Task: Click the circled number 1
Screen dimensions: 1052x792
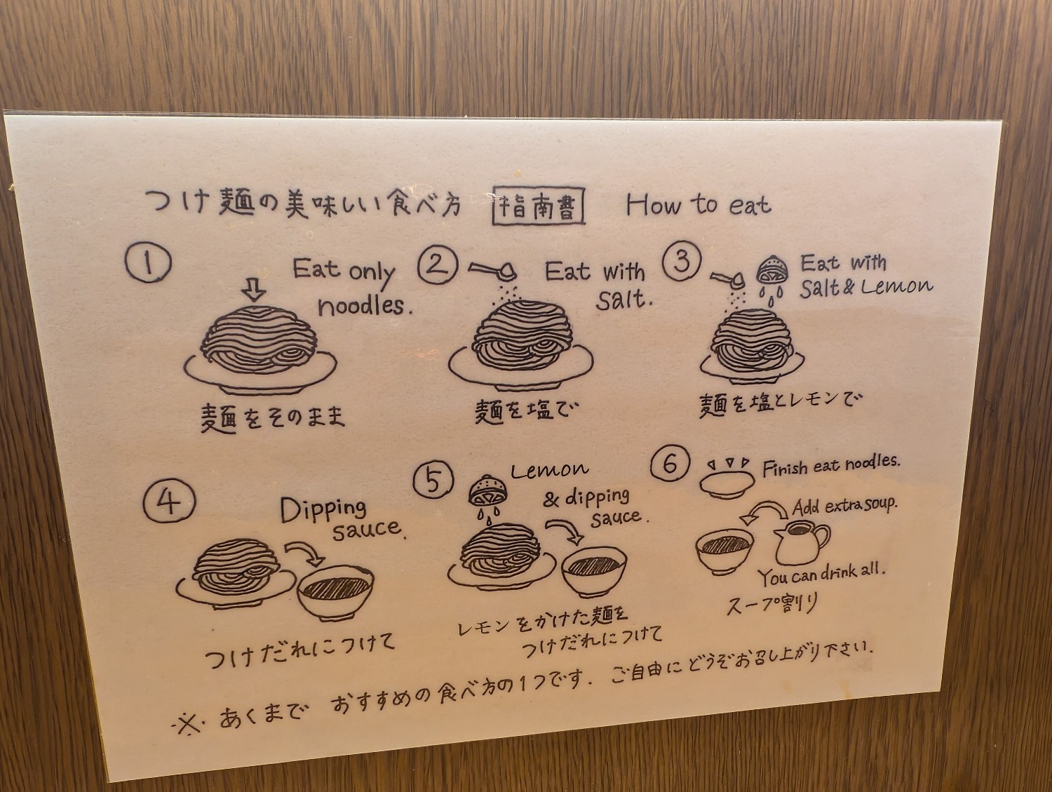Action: (148, 263)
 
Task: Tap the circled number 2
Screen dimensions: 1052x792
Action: (437, 265)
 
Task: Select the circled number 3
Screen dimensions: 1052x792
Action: (682, 261)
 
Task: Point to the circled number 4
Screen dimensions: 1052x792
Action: (169, 501)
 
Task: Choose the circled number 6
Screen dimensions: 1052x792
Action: (670, 464)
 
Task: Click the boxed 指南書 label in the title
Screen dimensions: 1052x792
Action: (539, 206)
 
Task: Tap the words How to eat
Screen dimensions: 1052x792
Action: (699, 206)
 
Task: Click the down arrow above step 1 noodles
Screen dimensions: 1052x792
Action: (254, 290)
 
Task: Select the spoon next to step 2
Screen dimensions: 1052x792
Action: (494, 271)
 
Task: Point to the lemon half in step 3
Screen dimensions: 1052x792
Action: (771, 269)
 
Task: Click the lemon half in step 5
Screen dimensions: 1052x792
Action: (486, 490)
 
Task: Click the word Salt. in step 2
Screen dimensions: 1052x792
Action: (623, 300)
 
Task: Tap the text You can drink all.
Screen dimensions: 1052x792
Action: (821, 575)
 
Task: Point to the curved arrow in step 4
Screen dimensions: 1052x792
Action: (306, 551)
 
